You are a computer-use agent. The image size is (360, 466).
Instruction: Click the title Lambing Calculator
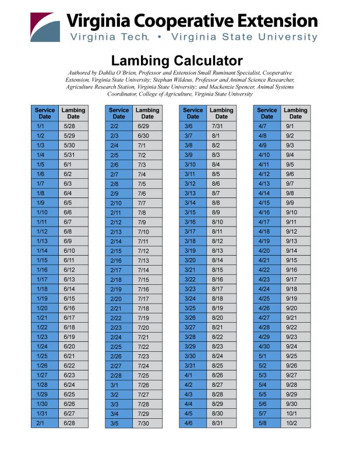coord(177,61)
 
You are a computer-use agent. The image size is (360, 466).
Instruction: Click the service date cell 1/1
coord(41,126)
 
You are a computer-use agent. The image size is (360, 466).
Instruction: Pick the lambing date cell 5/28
coord(69,126)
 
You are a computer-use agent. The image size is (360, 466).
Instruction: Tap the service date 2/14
coord(116,241)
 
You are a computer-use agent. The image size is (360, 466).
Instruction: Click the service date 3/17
coord(190,231)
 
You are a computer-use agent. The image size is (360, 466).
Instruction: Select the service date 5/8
coord(263,423)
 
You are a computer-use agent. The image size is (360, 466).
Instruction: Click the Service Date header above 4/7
coord(267,113)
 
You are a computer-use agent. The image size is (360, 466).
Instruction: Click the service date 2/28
coord(116,375)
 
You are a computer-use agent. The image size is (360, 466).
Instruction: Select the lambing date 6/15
coord(69,298)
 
